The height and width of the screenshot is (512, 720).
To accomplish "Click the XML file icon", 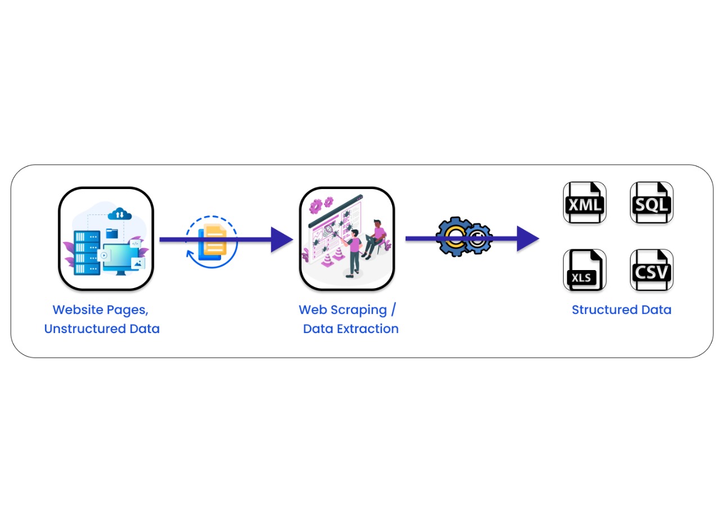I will click(584, 203).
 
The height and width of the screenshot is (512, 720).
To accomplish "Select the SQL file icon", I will click(651, 203).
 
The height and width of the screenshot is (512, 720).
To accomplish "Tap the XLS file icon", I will click(584, 270).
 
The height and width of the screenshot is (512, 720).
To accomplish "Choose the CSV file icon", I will click(651, 270).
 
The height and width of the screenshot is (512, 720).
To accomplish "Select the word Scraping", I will click(358, 309).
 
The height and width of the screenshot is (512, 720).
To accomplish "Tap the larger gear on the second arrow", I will click(455, 237).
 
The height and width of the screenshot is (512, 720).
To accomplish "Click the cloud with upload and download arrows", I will click(119, 214).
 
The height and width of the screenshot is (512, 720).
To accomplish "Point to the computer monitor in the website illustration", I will click(119, 259).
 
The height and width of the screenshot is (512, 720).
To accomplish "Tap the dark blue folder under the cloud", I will click(112, 233).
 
